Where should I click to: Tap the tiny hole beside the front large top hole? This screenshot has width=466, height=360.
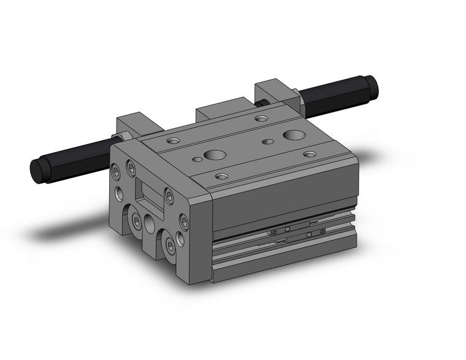tap(196, 160)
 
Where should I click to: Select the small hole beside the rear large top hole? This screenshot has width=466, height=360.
tap(267, 142)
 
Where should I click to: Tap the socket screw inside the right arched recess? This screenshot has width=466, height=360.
tap(169, 247)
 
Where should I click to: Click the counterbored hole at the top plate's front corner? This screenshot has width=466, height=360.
tap(222, 177)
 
